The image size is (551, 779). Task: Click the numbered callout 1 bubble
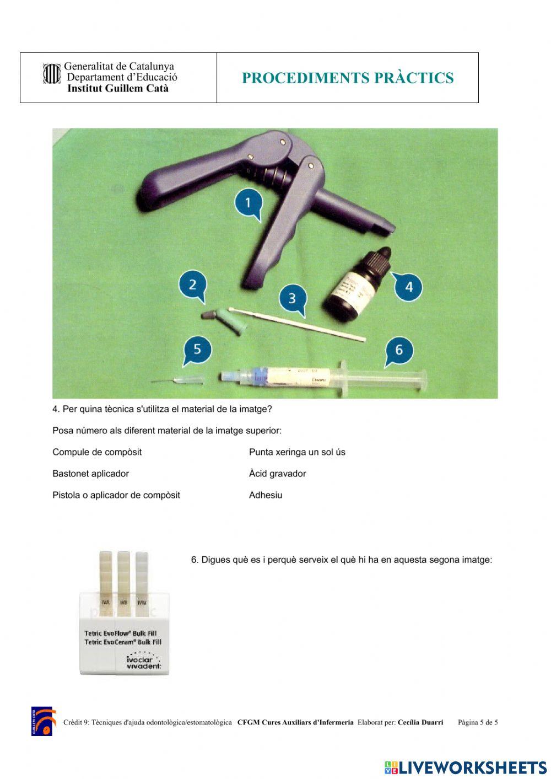point(248,203)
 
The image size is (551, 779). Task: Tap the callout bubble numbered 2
point(192,285)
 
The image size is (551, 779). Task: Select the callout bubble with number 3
point(292,298)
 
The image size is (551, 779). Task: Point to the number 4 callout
point(408,287)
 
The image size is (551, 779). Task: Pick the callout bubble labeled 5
point(197,350)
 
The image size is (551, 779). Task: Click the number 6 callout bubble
point(399,350)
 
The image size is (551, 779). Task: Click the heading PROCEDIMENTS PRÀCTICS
point(348,78)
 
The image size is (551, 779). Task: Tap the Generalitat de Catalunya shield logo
point(52,74)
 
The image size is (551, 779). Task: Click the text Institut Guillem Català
point(118,88)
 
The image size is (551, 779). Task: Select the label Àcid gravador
point(277,474)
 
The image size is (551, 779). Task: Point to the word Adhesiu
point(266,495)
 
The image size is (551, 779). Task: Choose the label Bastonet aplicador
point(90,474)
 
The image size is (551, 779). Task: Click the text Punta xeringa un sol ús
point(297,452)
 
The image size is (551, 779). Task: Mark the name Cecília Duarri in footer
point(420,722)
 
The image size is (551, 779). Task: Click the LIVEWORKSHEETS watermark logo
point(466,767)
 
